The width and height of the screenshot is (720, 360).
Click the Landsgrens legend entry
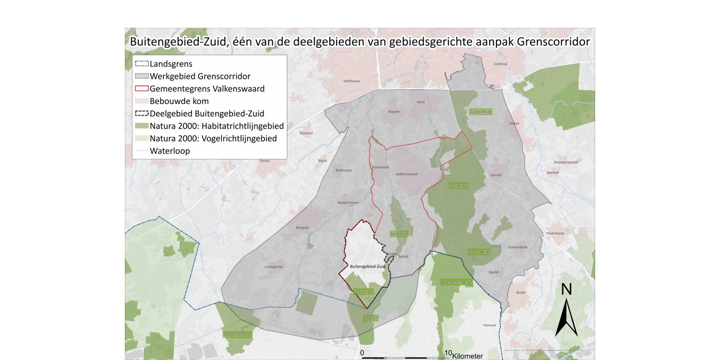(171, 64)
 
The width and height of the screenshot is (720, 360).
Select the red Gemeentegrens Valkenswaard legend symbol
(142, 89)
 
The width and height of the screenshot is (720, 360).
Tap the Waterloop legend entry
(170, 151)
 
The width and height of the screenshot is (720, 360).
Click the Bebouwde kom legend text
(179, 101)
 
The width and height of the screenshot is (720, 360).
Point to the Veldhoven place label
(351, 81)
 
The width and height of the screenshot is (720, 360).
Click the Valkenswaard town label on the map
(407, 174)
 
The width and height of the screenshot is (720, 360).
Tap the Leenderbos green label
(459, 185)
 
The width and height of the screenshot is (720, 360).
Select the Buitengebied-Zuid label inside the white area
(367, 266)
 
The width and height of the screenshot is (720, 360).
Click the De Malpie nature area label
(399, 234)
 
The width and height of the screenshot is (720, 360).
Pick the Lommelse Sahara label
(237, 335)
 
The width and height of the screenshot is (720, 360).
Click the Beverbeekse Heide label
(456, 282)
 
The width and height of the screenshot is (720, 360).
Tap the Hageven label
(371, 318)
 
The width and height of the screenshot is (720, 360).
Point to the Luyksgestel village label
(274, 267)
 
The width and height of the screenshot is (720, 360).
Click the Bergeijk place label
(302, 228)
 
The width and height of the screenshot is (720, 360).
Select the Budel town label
(521, 293)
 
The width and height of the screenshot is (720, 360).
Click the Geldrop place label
(500, 64)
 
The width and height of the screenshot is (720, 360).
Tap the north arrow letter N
(566, 290)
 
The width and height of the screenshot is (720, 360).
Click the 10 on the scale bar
(448, 353)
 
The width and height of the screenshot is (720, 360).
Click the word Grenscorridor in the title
(553, 42)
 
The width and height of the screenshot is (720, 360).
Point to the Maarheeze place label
(555, 233)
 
